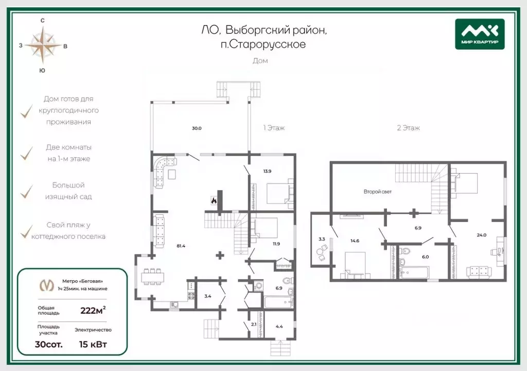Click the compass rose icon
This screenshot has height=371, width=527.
(x=43, y=45)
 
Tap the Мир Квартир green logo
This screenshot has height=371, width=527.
(x=480, y=34)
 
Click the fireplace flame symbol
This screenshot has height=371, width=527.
(x=214, y=200)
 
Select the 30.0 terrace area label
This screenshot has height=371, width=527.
(x=197, y=128)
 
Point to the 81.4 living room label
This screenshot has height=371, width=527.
(x=181, y=246)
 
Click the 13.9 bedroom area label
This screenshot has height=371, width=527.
(x=267, y=171)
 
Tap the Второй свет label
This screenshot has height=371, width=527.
(x=377, y=192)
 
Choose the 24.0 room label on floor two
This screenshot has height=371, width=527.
(x=482, y=235)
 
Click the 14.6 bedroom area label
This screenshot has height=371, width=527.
(x=355, y=241)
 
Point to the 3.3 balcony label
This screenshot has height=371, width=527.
(x=322, y=239)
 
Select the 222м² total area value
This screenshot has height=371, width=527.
(x=93, y=310)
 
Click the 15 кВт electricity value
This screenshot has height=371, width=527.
(x=93, y=344)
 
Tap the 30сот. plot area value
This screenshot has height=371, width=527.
(x=49, y=344)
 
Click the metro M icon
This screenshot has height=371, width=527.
(x=47, y=285)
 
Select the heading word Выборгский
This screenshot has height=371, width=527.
(x=258, y=30)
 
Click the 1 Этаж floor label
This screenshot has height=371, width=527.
(x=274, y=128)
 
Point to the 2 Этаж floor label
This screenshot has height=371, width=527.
(x=408, y=128)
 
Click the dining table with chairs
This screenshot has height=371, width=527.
(x=153, y=277)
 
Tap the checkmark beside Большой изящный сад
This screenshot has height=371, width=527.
(x=27, y=192)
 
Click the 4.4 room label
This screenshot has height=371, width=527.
(x=279, y=326)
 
